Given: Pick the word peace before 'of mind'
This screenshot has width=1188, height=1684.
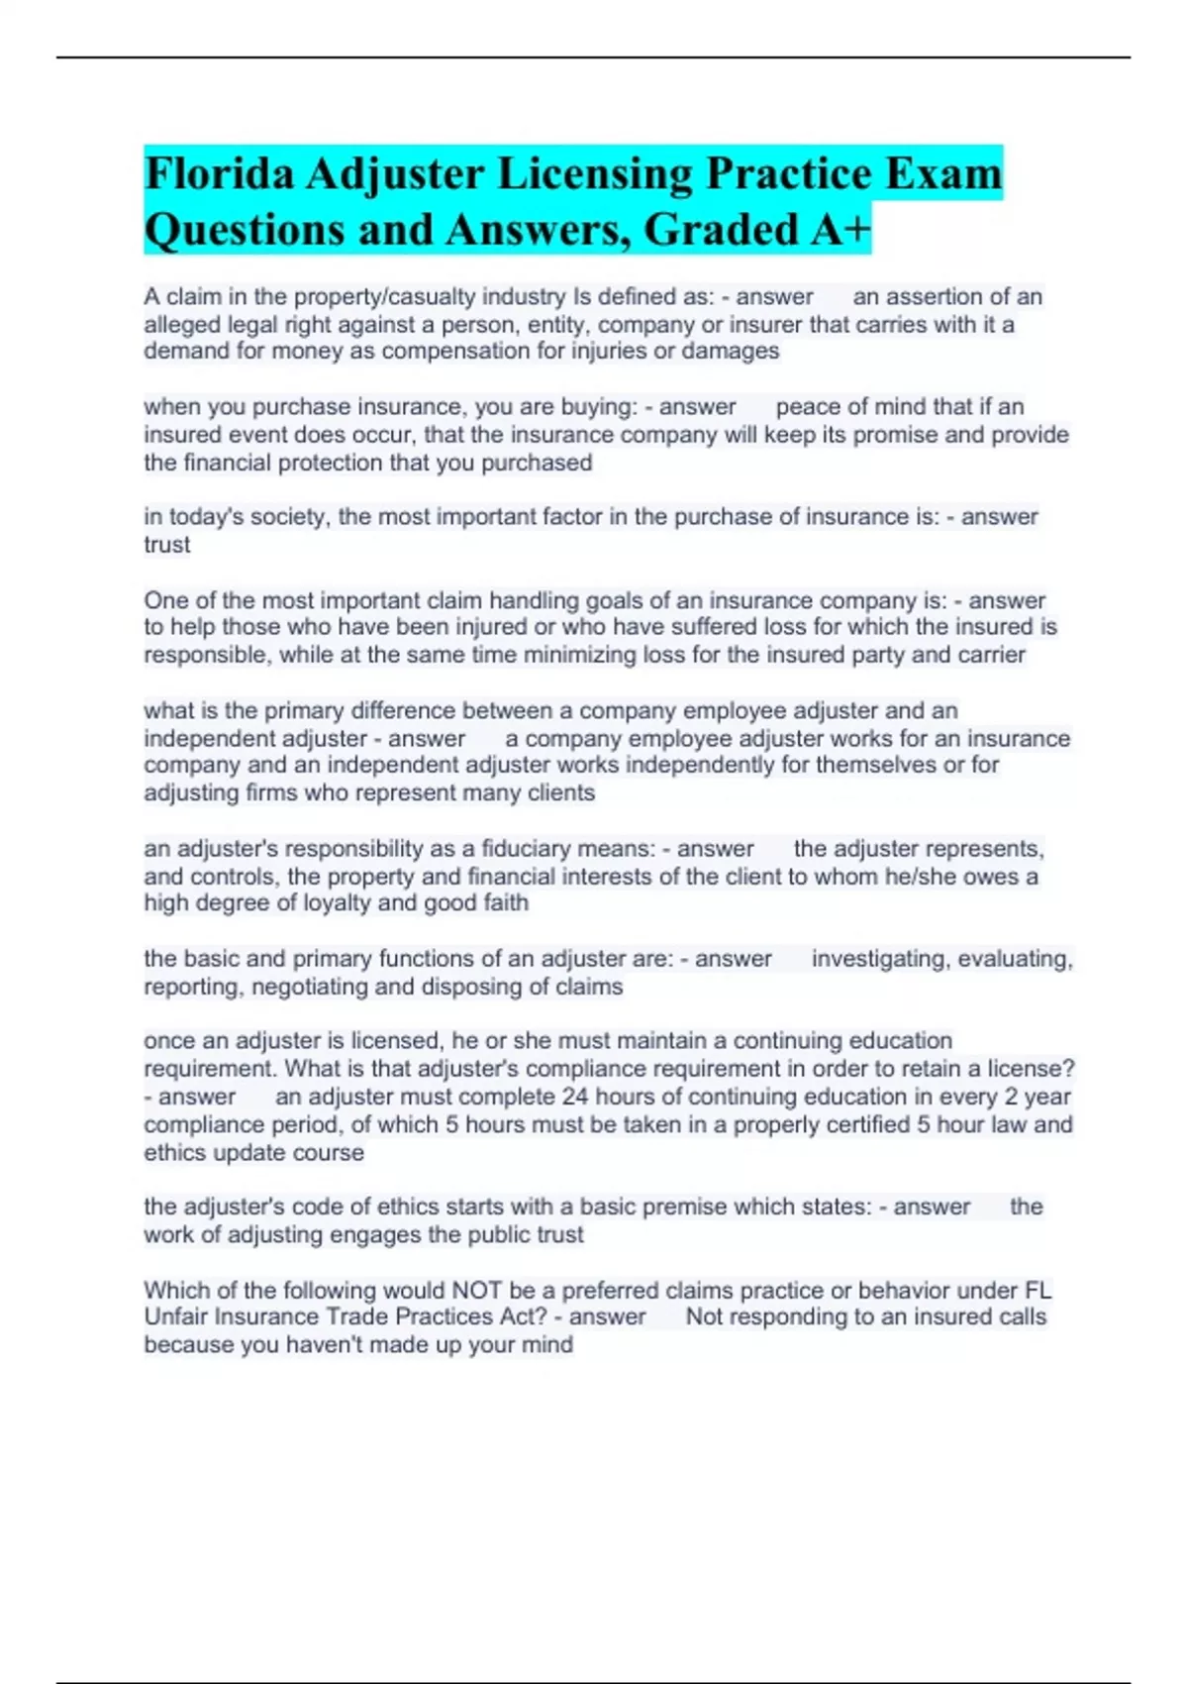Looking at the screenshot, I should tap(808, 407).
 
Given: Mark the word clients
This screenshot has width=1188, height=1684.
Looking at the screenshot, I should tap(561, 792).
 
